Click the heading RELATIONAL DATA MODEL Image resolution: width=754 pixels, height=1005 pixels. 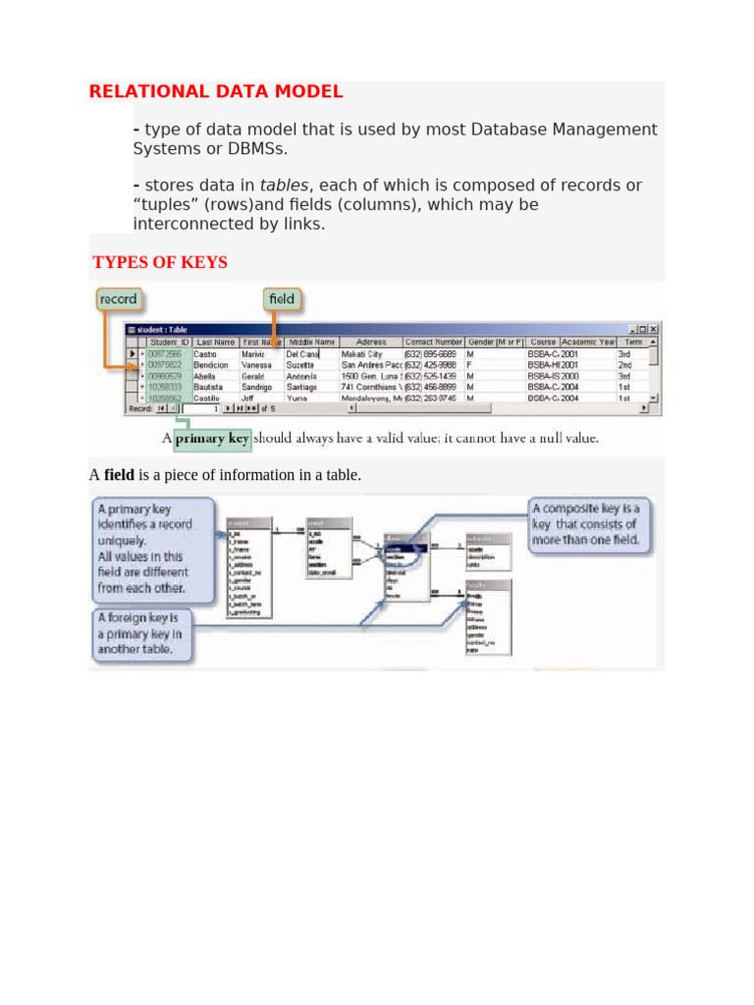pyautogui.click(x=216, y=92)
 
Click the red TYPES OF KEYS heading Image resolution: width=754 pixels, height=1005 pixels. pyautogui.click(x=160, y=262)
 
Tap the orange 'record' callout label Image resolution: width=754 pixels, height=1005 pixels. pyautogui.click(x=119, y=298)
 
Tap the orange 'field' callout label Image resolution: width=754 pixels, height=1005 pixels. pyautogui.click(x=281, y=298)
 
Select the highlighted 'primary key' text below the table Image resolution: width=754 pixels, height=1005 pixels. pyautogui.click(x=212, y=439)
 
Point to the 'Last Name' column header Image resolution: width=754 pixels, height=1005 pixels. pyautogui.click(x=214, y=342)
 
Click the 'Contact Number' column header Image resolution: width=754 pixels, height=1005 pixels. pyautogui.click(x=433, y=342)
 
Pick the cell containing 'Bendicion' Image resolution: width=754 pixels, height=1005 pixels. pyautogui.click(x=212, y=364)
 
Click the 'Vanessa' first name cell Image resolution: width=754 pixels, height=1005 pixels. pyautogui.click(x=256, y=364)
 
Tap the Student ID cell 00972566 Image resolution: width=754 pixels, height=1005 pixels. pyautogui.click(x=165, y=353)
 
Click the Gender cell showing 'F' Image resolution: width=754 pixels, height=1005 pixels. pyautogui.click(x=469, y=364)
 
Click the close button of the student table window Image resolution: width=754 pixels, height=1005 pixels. pyautogui.click(x=655, y=329)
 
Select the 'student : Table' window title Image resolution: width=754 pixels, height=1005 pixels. pyautogui.click(x=163, y=329)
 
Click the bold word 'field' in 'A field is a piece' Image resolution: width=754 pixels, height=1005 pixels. pyautogui.click(x=120, y=475)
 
